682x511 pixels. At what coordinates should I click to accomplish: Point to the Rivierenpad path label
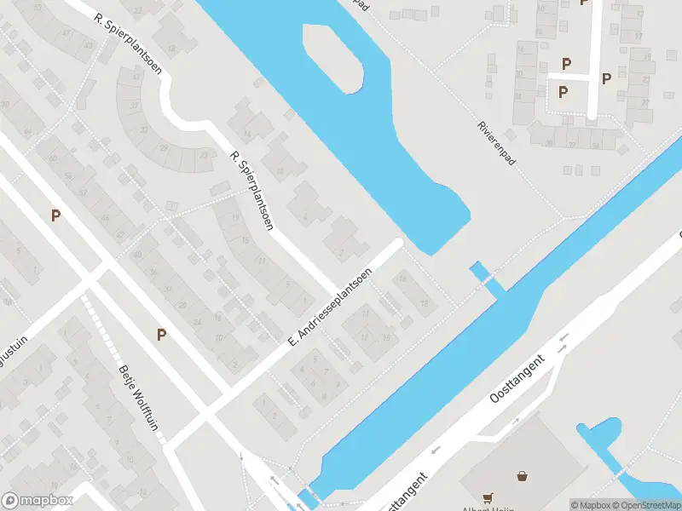click(497, 141)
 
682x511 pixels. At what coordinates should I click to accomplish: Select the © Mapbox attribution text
click(592, 505)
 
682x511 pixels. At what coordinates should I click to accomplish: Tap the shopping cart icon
click(488, 497)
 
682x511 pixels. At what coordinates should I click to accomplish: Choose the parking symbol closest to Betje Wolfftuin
click(161, 335)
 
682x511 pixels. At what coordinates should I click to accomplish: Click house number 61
click(136, 77)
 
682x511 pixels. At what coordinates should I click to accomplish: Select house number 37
click(133, 106)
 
